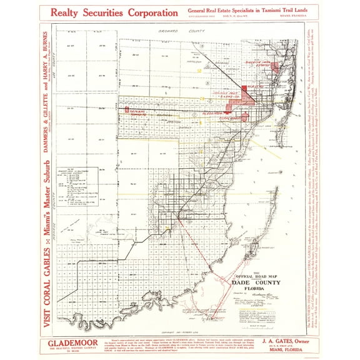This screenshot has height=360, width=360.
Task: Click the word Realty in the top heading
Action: pyautogui.click(x=68, y=12)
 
